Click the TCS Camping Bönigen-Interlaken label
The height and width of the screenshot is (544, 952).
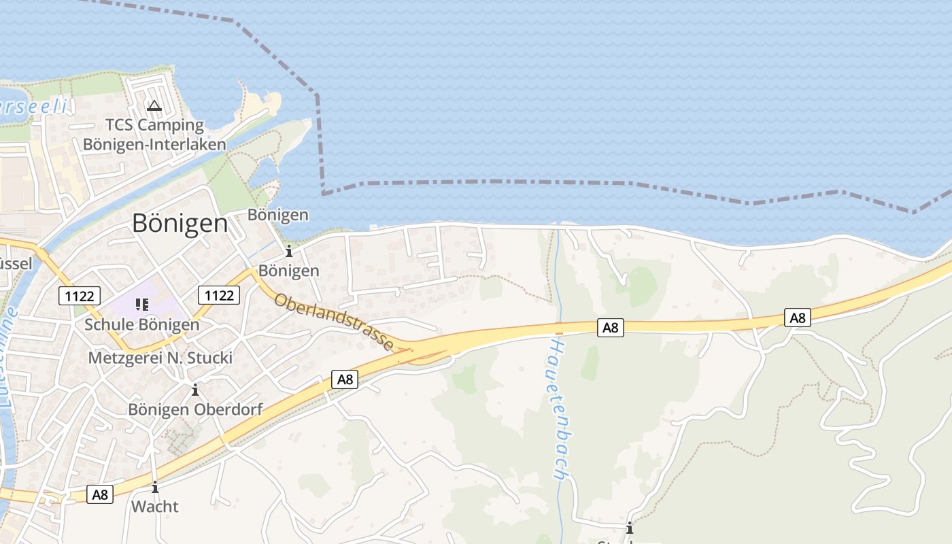point(154,135)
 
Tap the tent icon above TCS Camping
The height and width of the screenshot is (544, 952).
point(154,106)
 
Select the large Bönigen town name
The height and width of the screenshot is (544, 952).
point(180,223)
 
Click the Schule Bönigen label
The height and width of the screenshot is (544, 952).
point(142,324)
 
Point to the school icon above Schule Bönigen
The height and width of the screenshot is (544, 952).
point(142,304)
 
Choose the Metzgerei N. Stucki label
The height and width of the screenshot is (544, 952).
point(160,358)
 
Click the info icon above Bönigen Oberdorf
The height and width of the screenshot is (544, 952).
point(195,390)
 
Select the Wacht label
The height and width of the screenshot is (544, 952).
point(155,507)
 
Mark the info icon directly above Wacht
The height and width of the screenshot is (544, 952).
point(155,487)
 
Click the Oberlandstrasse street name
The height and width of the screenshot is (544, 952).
point(334,322)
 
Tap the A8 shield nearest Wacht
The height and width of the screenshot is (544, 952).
point(101,494)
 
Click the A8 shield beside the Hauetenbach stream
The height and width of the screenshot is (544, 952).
point(611,327)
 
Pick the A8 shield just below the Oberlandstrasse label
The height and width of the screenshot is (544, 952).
point(345,379)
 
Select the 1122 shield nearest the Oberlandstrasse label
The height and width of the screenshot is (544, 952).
point(219,295)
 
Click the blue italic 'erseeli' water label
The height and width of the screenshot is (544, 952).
point(34,106)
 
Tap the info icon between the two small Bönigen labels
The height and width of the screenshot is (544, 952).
point(289,251)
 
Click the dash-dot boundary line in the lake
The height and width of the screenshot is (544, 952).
point(544,182)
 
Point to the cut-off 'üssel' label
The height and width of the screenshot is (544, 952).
point(16,264)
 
